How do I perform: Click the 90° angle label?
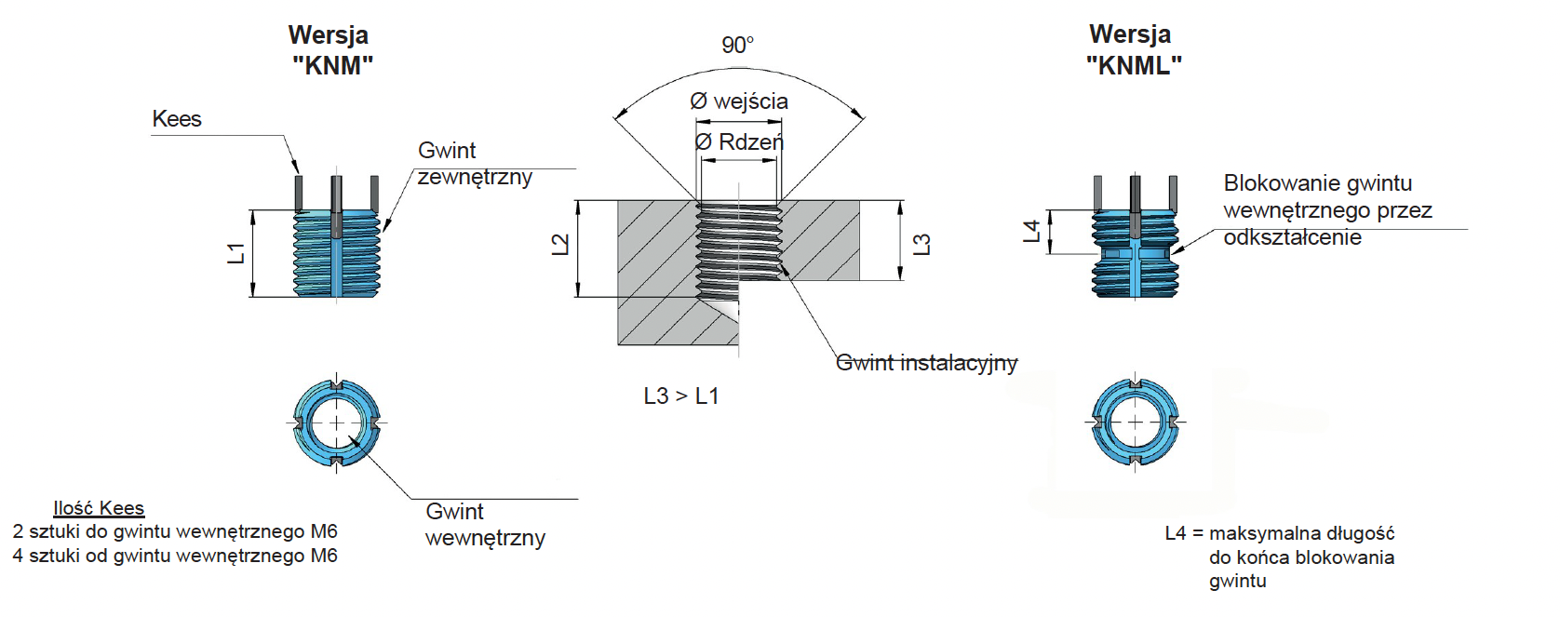pyautogui.click(x=737, y=46)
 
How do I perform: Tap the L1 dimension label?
pyautogui.click(x=236, y=253)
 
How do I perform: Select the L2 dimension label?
pyautogui.click(x=560, y=245)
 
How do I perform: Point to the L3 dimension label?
pyautogui.click(x=921, y=245)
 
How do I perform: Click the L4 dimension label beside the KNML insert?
pyautogui.click(x=1031, y=231)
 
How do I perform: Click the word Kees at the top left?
pyautogui.click(x=177, y=119)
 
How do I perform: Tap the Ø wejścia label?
pyautogui.click(x=739, y=101)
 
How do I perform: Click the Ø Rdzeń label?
pyautogui.click(x=739, y=142)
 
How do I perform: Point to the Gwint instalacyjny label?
pyautogui.click(x=926, y=363)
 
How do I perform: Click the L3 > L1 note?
pyautogui.click(x=681, y=396)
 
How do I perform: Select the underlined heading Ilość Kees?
pyautogui.click(x=99, y=508)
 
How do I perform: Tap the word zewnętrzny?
pyautogui.click(x=475, y=178)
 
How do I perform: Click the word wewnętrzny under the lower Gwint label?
pyautogui.click(x=486, y=538)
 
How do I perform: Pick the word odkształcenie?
pyautogui.click(x=1293, y=237)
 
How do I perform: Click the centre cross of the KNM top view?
pyautogui.click(x=337, y=423)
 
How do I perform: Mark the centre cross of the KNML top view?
pyautogui.click(x=1136, y=423)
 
